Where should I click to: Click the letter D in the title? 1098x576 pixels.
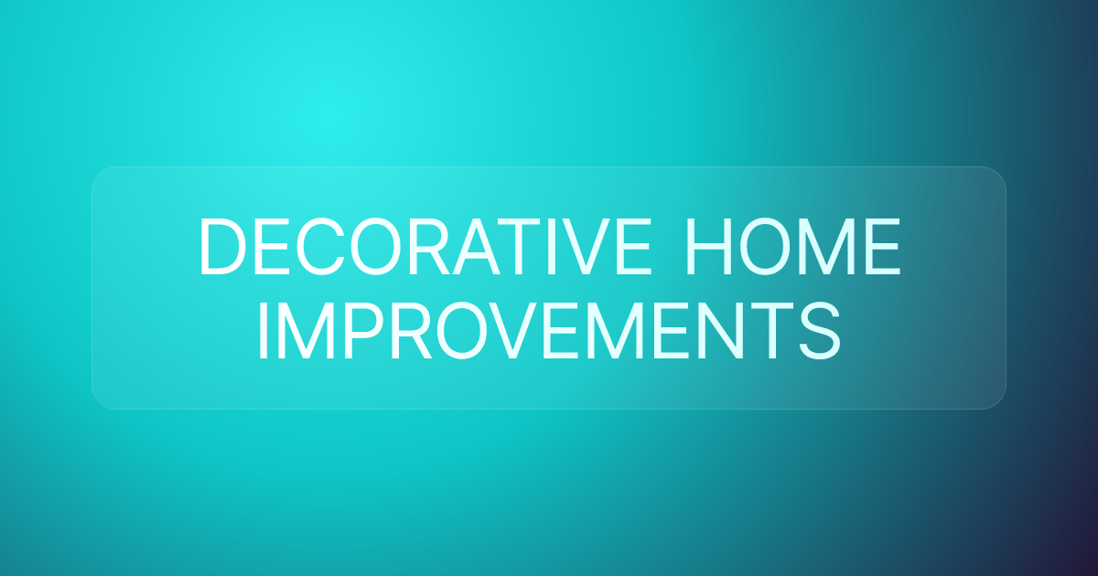tap(220, 247)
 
